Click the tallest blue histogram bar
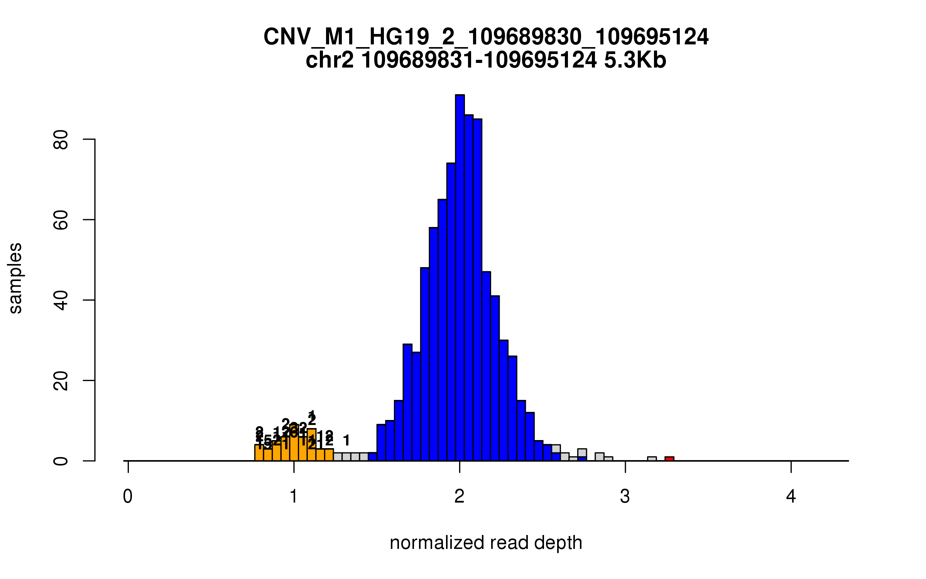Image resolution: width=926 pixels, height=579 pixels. click(460, 278)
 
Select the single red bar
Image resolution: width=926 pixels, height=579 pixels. click(669, 459)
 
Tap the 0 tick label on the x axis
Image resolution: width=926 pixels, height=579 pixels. click(128, 496)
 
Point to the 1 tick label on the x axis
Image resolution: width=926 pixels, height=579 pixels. click(294, 496)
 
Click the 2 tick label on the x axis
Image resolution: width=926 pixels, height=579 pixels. click(459, 496)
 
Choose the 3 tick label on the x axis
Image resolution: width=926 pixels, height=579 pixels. click(625, 496)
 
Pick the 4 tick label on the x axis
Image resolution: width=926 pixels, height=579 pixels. click(791, 496)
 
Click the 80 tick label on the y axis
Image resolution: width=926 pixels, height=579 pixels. click(61, 139)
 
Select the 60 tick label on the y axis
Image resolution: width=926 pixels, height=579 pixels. click(61, 220)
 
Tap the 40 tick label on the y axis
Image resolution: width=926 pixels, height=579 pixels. click(61, 300)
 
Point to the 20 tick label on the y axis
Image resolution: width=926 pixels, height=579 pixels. click(61, 381)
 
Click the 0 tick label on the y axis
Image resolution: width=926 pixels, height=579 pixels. click(61, 461)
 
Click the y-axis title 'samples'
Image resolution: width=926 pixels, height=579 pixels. click(15, 278)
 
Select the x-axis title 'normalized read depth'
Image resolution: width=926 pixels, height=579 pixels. click(486, 543)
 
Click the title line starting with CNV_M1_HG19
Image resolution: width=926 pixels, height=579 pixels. click(486, 37)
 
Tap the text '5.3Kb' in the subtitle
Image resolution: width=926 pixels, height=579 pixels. click(635, 61)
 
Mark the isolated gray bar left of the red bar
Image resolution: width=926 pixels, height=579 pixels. click(652, 459)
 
